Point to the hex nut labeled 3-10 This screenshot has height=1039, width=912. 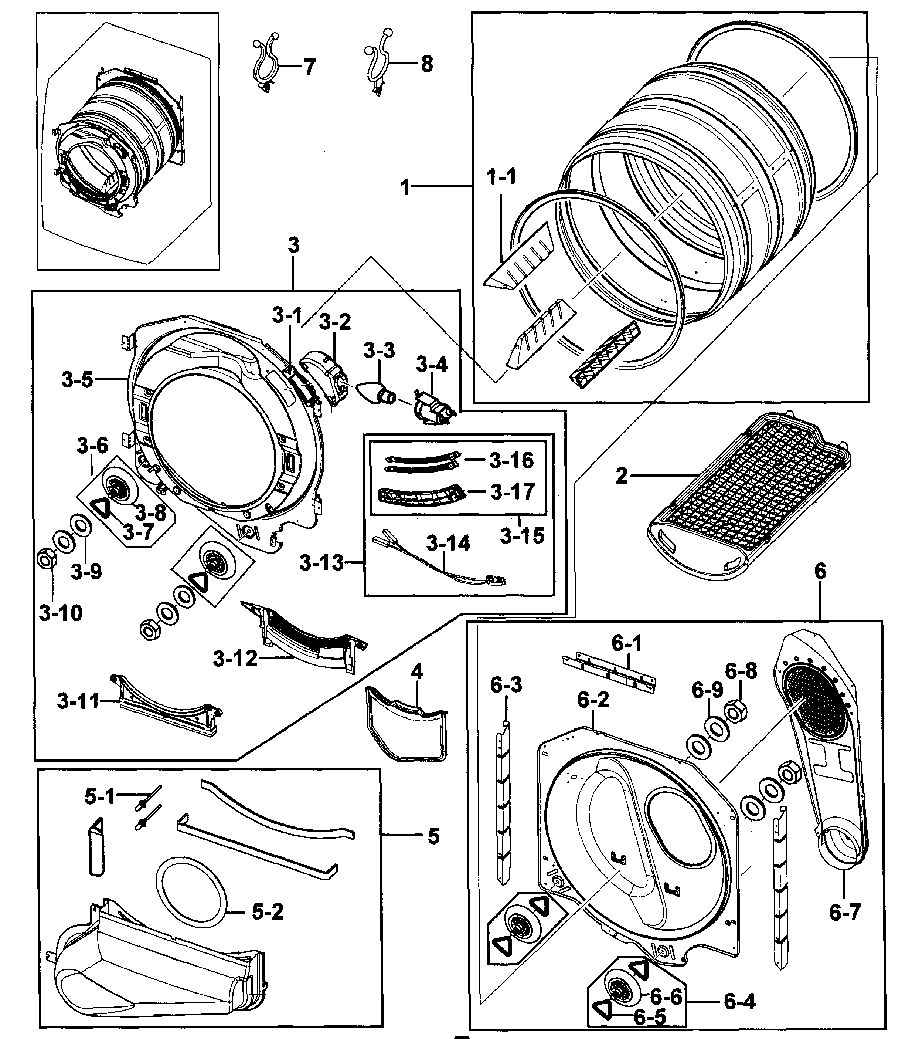point(46,560)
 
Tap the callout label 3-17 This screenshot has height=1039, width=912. point(512,491)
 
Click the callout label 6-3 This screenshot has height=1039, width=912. point(506,685)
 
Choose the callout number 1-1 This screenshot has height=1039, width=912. point(501,177)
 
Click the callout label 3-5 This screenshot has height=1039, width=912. point(77,379)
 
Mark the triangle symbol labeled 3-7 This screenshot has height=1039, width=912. point(101,507)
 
